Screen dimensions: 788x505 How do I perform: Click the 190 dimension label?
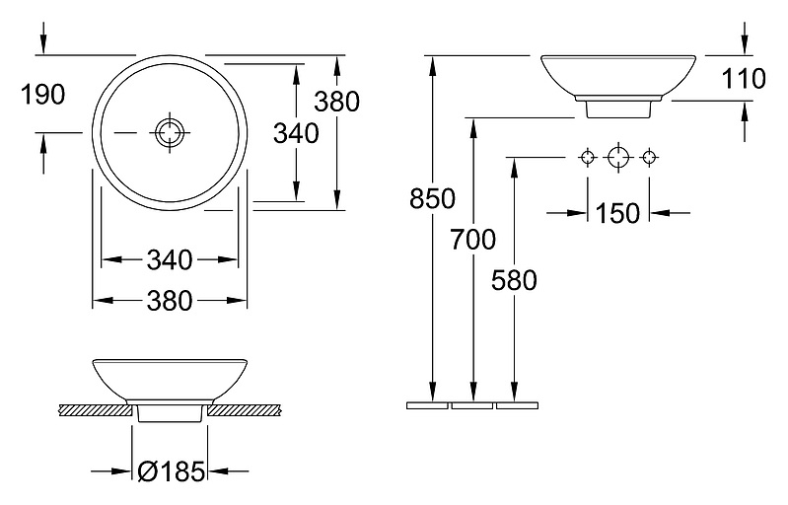(43, 95)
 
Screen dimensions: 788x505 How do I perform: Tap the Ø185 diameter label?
(172, 471)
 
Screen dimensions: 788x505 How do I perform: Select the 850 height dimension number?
(432, 198)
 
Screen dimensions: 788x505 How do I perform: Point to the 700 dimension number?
(472, 239)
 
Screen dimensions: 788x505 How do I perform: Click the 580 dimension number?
(514, 280)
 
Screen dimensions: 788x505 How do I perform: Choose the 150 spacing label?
(617, 214)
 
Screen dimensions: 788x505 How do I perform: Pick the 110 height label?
(744, 79)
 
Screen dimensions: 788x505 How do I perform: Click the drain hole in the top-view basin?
(170, 132)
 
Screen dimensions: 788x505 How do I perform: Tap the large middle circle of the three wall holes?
(618, 157)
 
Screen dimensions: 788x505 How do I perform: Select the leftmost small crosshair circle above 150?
(588, 157)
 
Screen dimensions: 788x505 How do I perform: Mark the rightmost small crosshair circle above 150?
(649, 157)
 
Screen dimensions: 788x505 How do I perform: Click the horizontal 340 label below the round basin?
(170, 260)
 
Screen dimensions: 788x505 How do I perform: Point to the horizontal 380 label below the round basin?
(170, 301)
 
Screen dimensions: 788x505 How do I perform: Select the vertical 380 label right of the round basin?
(337, 102)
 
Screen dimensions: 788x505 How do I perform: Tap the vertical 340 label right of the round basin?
(296, 134)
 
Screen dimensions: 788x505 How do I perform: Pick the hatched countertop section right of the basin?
(244, 409)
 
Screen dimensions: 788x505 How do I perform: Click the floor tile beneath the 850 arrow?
(427, 405)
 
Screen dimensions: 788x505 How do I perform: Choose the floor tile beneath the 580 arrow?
(517, 405)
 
